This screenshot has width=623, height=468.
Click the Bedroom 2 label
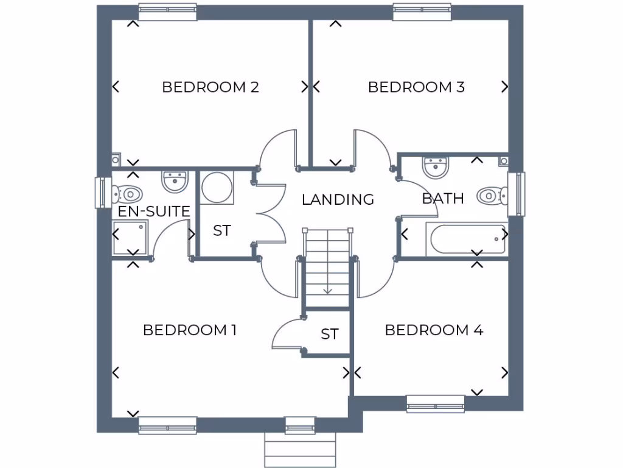(211, 87)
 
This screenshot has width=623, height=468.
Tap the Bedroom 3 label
(417, 87)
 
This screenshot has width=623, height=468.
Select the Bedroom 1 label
(190, 330)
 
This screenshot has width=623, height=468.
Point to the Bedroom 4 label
(434, 330)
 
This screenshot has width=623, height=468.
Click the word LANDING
(338, 199)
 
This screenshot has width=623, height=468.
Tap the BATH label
(443, 198)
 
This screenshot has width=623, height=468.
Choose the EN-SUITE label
(154, 211)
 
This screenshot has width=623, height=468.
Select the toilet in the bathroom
(491, 196)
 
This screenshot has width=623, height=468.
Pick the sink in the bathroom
(436, 166)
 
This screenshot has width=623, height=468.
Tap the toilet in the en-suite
(128, 194)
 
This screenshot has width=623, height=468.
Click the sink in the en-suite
(175, 181)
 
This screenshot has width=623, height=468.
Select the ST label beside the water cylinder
(222, 231)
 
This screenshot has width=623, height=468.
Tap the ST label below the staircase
(330, 334)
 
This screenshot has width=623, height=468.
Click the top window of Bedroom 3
(421, 11)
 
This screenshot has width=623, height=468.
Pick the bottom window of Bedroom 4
(436, 403)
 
